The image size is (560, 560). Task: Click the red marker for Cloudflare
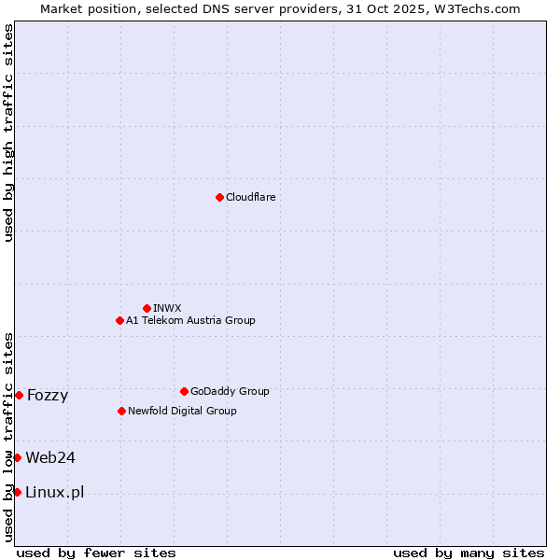point(219,197)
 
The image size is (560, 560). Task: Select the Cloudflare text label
point(251,197)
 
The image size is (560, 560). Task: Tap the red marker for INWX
point(147,308)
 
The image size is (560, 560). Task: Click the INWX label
point(167,308)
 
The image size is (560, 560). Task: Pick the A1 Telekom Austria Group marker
point(119,320)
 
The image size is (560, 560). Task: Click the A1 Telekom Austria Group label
point(190,320)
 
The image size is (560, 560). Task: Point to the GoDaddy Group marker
point(184,391)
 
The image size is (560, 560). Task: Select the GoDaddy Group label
point(230,391)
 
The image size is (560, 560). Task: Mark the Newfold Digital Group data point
point(121,411)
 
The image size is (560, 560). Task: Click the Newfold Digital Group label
point(182,411)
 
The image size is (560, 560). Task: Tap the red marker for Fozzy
point(19,395)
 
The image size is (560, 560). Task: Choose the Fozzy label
point(48,396)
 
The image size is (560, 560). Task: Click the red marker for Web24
point(17,457)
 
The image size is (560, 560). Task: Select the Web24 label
point(50,457)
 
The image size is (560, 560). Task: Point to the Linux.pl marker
point(17,492)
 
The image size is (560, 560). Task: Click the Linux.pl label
point(55,493)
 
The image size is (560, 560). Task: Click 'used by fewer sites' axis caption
point(96,553)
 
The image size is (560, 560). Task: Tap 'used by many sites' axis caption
point(469,553)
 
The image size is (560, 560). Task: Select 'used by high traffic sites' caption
point(8,133)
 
